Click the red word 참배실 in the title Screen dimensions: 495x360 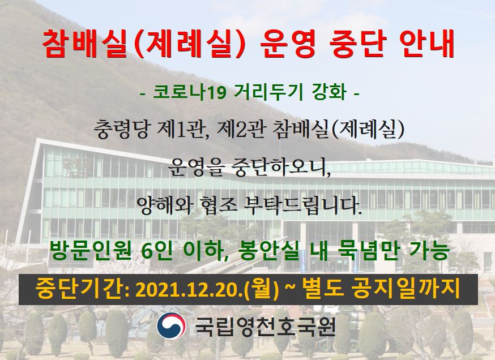click(84, 44)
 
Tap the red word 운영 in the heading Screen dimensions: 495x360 click(288, 44)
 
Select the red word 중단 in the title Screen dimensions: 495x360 click(358, 44)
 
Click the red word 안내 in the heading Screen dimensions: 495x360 click(427, 44)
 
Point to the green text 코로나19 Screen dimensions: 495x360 click(189, 92)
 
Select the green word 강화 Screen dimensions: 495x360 click(329, 92)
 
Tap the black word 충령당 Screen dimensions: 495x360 click(121, 129)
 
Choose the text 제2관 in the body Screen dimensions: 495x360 click(241, 129)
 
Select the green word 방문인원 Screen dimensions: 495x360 click(90, 251)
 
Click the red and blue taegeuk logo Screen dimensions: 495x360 click(172, 325)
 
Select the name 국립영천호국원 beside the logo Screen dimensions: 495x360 click(264, 326)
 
